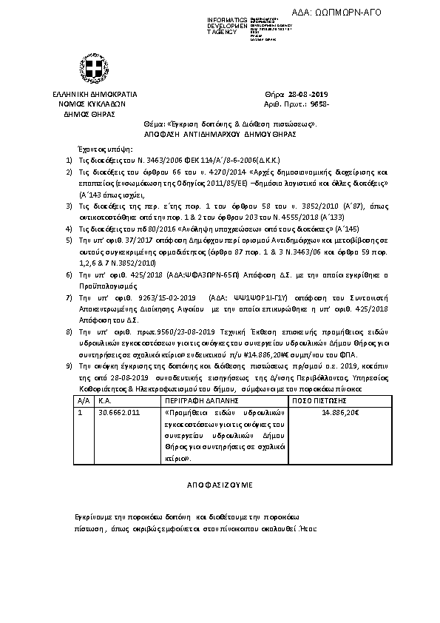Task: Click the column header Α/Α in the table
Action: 82,399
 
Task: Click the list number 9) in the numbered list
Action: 69,366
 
